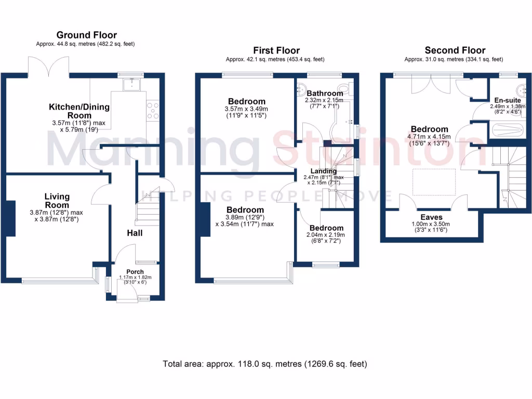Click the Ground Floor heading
87,35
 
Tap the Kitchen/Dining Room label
79,112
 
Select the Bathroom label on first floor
325,93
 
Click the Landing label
324,171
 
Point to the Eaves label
431,217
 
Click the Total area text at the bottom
265,364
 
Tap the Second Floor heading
455,50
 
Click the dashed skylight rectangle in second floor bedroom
434,182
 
